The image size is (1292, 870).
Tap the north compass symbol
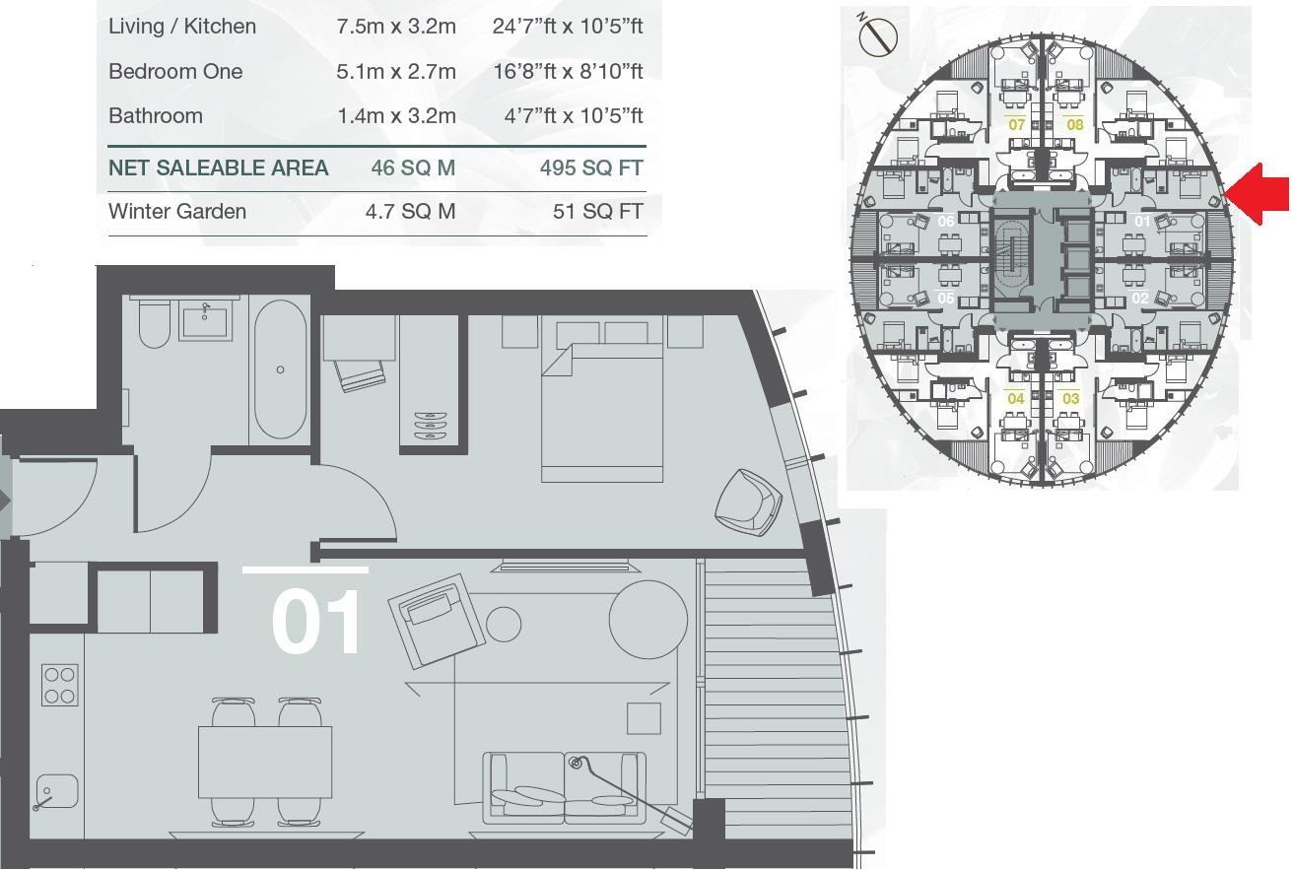877,36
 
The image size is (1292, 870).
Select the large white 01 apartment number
316,621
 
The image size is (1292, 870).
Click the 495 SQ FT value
590,168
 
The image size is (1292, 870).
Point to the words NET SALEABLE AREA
218,168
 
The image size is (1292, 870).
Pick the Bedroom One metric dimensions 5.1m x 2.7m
396,72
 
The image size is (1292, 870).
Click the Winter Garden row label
177,212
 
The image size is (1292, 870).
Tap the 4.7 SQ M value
410,212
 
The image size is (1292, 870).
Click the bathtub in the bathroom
280,369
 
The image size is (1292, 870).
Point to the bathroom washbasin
206,321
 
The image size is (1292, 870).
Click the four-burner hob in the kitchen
59,685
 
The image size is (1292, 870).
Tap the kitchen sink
56,792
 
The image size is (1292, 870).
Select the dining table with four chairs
264,762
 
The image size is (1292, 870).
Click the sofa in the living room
565,788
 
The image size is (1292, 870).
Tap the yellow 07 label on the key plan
1016,125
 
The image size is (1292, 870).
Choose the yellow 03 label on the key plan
1070,398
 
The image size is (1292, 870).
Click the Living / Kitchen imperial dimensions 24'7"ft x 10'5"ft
567,27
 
